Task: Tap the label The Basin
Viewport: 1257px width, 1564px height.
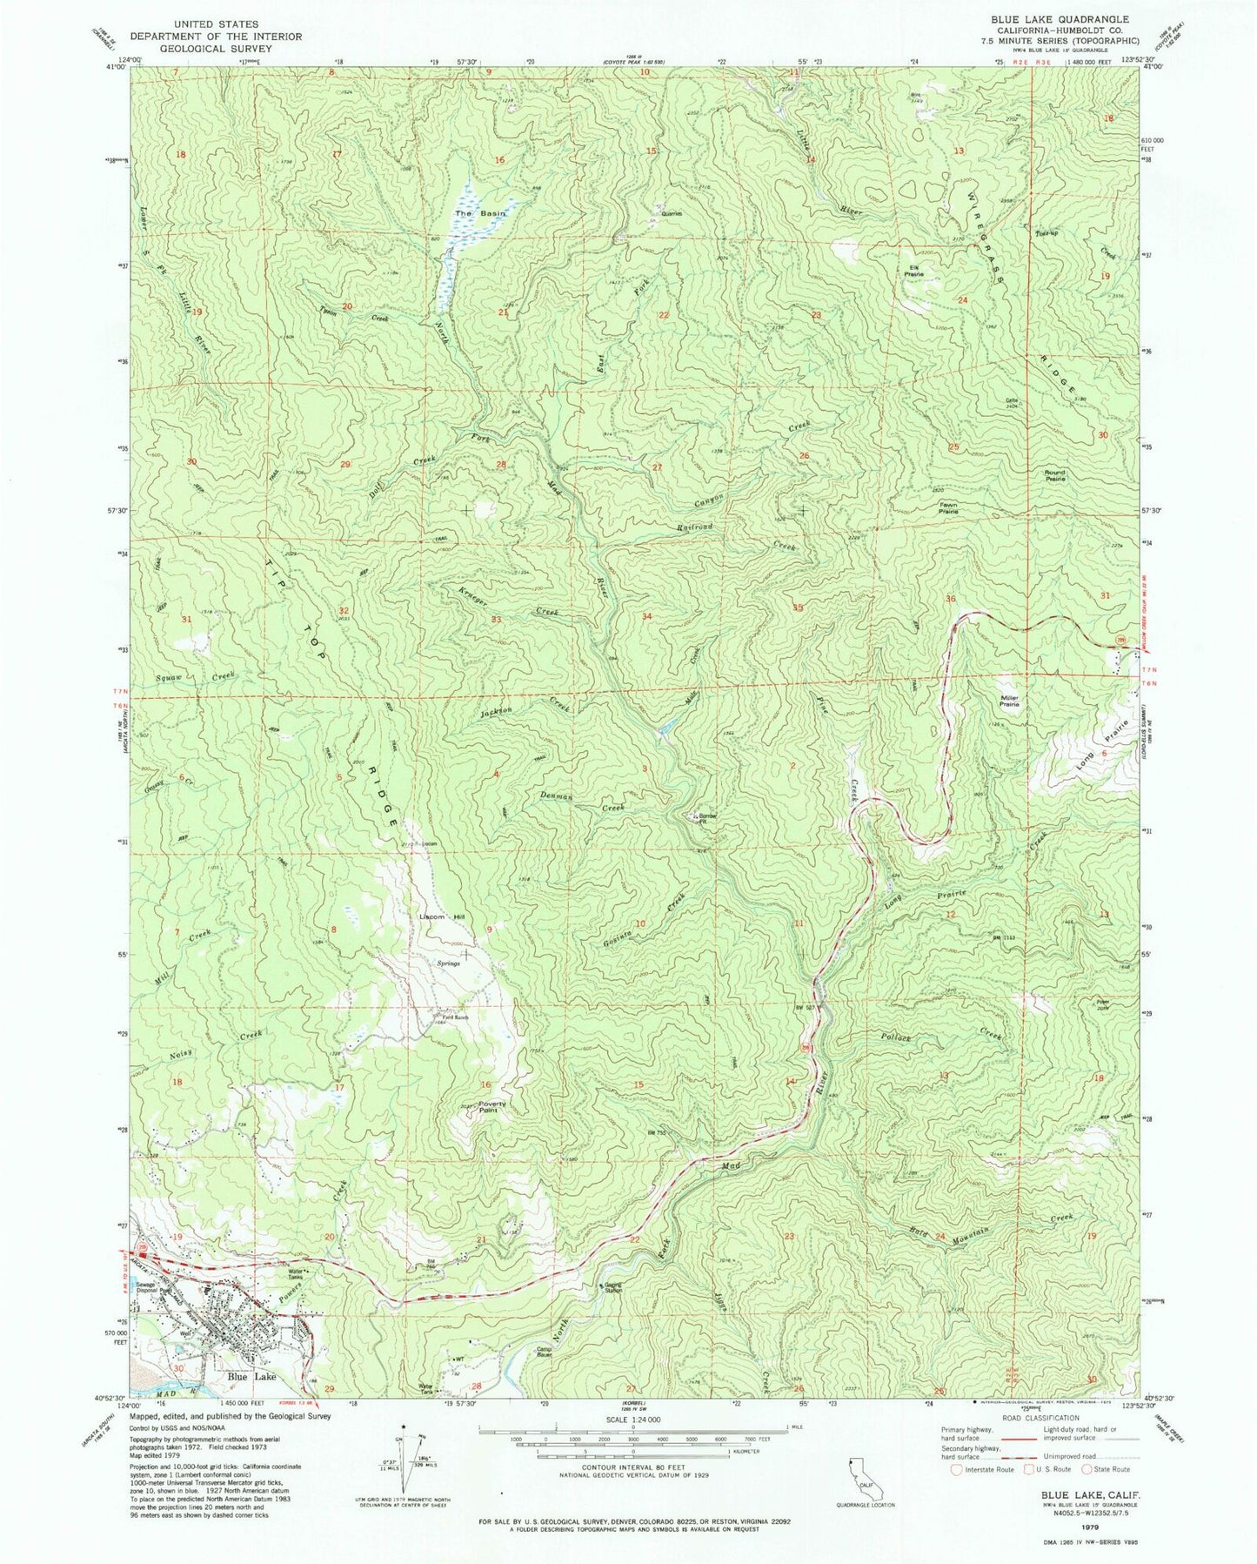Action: [x=475, y=213]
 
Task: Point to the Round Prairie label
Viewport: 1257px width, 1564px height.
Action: [x=1054, y=475]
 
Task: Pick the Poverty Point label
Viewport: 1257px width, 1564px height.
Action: [x=492, y=1108]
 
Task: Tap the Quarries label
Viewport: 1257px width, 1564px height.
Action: [x=671, y=213]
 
